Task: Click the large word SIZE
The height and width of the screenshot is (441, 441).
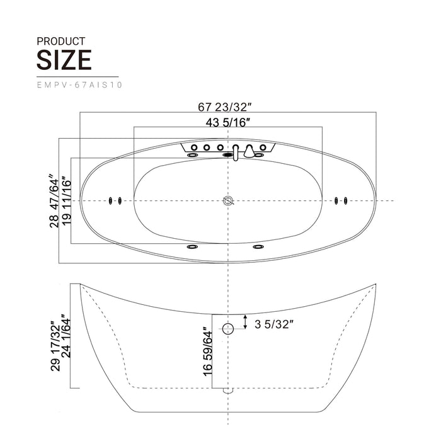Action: coord(64,60)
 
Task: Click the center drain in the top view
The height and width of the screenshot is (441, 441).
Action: coord(228,201)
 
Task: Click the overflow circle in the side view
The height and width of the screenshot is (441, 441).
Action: coord(228,328)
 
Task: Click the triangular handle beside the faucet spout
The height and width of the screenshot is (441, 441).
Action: coord(249,151)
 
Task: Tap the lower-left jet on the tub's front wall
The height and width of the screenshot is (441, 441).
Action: coord(192,247)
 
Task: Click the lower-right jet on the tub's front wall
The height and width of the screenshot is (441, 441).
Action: coord(258,247)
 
